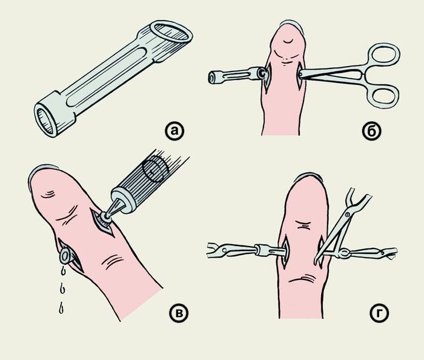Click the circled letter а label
[x=174, y=131]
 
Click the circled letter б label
[x=372, y=131]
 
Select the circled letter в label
[x=179, y=313]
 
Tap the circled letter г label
[x=379, y=313]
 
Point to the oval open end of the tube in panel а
[x=171, y=32]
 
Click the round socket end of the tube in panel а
[x=46, y=120]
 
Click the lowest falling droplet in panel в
[x=62, y=308]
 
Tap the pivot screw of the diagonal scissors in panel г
[x=346, y=215]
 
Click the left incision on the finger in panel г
[x=285, y=252]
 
